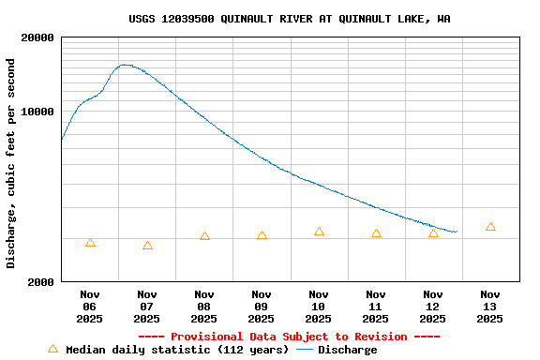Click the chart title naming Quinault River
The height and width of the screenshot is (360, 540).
pyautogui.click(x=289, y=19)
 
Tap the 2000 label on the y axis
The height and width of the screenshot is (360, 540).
pyautogui.click(x=38, y=281)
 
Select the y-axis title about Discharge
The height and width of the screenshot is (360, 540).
pyautogui.click(x=11, y=163)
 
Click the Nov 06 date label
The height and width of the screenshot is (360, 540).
pyautogui.click(x=90, y=307)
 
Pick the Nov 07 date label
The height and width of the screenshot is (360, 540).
pyautogui.click(x=147, y=307)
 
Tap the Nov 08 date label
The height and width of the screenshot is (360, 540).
pyautogui.click(x=204, y=307)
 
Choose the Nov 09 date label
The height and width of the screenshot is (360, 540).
pyautogui.click(x=262, y=307)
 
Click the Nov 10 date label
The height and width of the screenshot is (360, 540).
pyautogui.click(x=319, y=307)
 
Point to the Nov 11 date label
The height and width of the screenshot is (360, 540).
pyautogui.click(x=376, y=307)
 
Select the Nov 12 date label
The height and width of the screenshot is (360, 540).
pyautogui.click(x=433, y=307)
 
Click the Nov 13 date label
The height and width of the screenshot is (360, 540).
pyautogui.click(x=490, y=307)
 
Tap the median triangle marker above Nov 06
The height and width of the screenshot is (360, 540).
pyautogui.click(x=90, y=243)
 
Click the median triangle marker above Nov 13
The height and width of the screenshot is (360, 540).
pyautogui.click(x=490, y=227)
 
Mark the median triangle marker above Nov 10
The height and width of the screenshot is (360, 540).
pyautogui.click(x=319, y=232)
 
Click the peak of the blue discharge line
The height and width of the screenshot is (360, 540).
pyautogui.click(x=124, y=65)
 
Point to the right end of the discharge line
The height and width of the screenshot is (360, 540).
pyautogui.click(x=456, y=232)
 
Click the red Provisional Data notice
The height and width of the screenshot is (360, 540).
pyautogui.click(x=289, y=337)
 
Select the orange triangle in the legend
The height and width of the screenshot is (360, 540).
pyautogui.click(x=52, y=349)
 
